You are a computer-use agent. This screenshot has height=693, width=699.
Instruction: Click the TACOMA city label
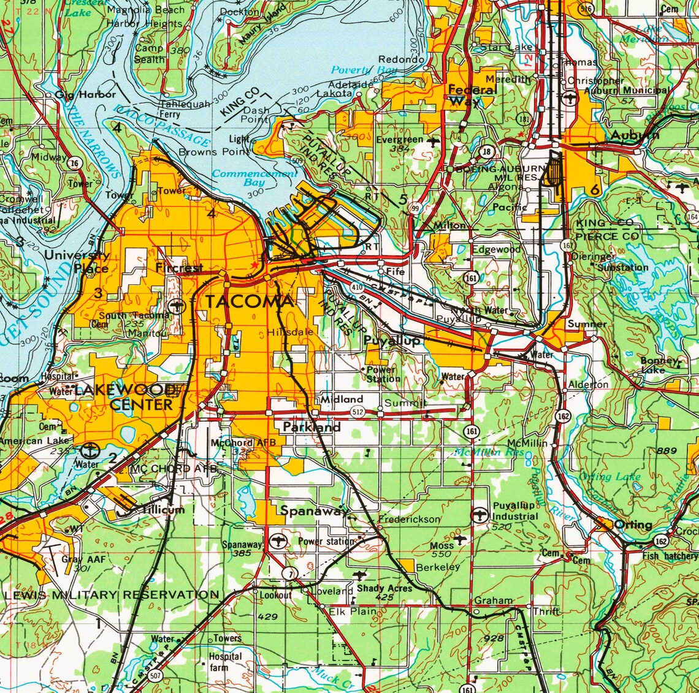(x=250, y=301)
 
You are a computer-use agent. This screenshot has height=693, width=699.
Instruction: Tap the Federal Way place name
(x=472, y=95)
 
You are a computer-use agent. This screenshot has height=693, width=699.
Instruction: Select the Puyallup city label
(x=392, y=340)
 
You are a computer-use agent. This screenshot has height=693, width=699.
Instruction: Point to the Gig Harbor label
(x=85, y=94)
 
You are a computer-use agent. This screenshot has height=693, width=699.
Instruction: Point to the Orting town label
(x=633, y=524)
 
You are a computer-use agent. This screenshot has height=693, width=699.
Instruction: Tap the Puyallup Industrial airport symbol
(x=479, y=515)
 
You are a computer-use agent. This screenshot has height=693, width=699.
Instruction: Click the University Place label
(x=77, y=262)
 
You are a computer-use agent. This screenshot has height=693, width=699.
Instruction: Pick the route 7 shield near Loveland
(x=290, y=573)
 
